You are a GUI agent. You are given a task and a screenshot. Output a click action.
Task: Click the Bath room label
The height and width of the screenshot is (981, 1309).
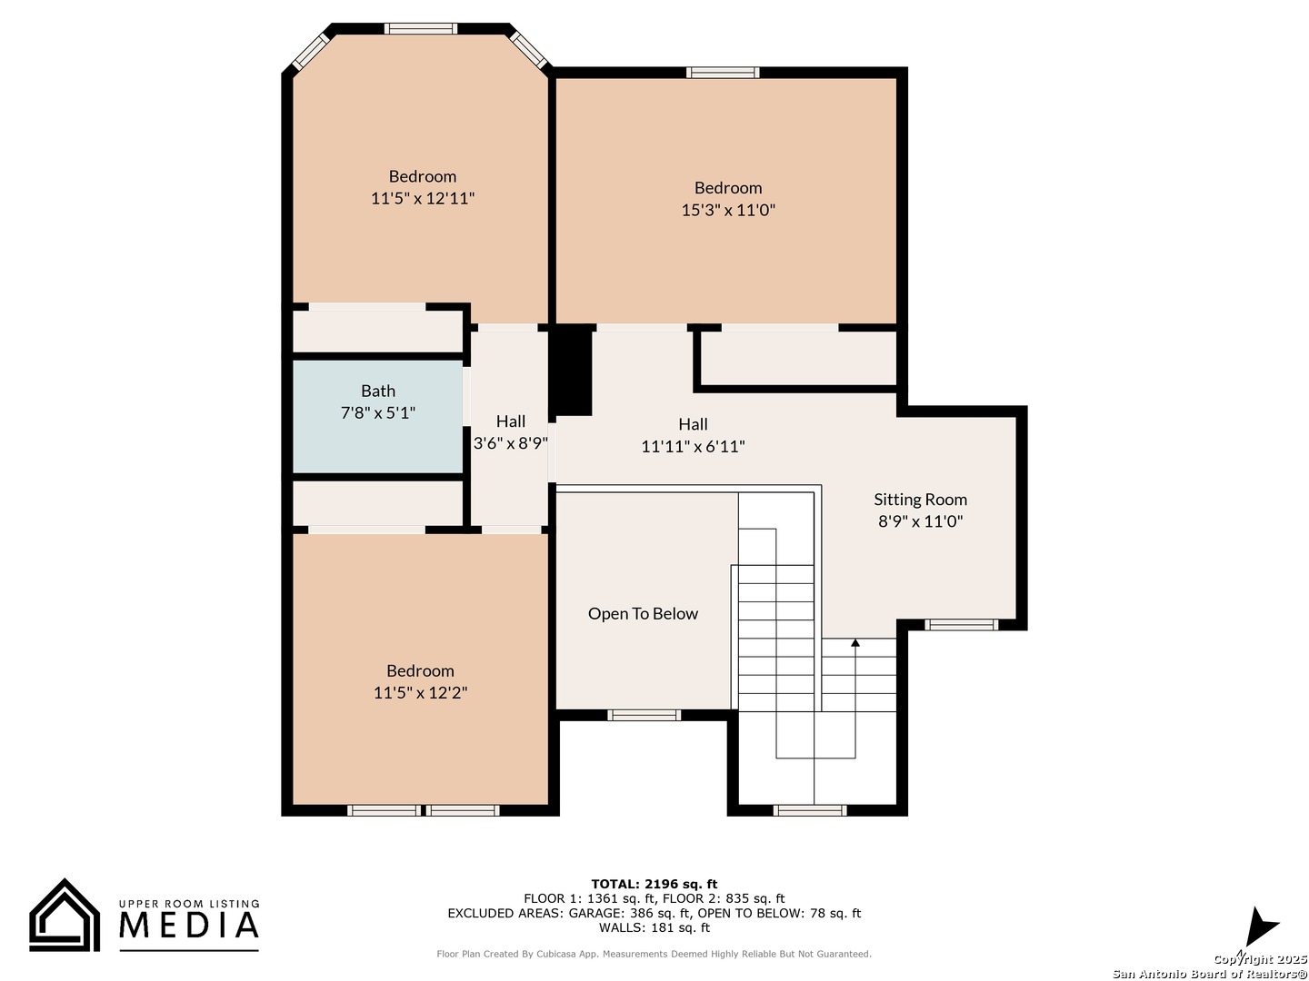377,391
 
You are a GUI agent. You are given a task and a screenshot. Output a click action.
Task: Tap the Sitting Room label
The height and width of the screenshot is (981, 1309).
920,500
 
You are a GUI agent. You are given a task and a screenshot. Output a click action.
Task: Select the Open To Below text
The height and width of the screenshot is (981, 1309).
643,613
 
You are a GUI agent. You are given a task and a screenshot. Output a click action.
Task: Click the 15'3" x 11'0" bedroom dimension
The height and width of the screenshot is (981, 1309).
727,210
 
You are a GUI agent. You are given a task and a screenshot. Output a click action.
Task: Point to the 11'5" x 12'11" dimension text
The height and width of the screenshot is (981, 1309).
422,198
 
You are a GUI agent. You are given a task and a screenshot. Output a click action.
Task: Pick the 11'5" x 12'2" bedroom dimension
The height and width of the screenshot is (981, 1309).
420,692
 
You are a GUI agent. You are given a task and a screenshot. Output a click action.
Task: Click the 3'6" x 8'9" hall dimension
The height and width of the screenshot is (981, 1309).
510,443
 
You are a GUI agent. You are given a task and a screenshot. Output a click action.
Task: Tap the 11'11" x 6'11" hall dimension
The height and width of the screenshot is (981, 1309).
693,446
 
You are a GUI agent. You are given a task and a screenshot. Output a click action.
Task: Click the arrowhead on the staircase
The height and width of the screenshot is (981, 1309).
854,642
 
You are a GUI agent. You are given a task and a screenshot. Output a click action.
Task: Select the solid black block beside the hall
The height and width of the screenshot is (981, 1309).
571,370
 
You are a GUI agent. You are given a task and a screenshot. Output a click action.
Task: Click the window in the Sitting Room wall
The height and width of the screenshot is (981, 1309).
961,624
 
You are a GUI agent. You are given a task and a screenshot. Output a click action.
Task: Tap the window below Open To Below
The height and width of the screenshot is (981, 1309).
644,715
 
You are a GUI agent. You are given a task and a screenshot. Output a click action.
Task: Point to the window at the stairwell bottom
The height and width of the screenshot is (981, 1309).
809,810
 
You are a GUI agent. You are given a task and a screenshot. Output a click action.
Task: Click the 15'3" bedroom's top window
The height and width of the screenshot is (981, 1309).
722,73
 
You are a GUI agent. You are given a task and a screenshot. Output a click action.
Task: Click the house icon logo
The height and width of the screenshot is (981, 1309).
65,915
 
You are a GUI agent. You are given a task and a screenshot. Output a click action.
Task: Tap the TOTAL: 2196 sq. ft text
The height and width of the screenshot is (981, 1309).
654,884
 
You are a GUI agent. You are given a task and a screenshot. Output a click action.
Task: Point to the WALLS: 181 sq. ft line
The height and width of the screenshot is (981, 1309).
654,927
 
